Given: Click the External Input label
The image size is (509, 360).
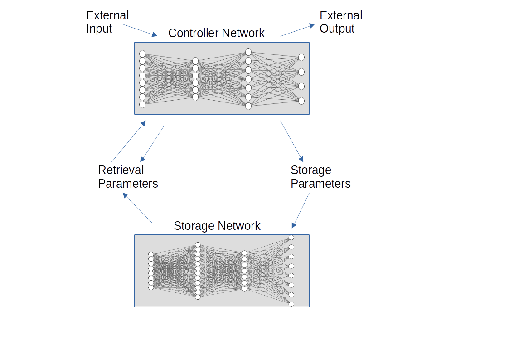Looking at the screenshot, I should (107, 22).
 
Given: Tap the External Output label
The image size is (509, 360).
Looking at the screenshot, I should (340, 22).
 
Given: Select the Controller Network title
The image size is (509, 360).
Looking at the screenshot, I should (216, 33).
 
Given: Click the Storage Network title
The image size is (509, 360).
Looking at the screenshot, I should (217, 226).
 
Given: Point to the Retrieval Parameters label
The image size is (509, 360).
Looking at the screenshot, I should (128, 177).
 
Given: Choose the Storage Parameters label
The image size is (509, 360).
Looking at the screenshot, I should (320, 177).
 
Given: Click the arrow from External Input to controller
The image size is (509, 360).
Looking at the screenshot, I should (140, 30).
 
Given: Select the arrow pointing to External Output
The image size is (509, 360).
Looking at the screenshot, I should (297, 30).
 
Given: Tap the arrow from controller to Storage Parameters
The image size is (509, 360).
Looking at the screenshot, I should (291, 141).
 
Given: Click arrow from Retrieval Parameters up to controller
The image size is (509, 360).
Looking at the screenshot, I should (128, 142).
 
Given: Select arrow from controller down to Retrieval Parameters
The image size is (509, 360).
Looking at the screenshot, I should (152, 144).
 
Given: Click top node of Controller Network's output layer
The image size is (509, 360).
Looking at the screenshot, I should (301, 57).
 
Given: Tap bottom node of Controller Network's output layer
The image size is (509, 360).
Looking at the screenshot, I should (301, 101).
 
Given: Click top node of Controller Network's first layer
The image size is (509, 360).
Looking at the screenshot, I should (142, 54).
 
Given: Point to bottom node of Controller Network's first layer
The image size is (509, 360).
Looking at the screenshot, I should (142, 104).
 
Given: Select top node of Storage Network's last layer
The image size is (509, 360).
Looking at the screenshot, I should (291, 238).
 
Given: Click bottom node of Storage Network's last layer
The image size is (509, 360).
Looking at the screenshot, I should (291, 304).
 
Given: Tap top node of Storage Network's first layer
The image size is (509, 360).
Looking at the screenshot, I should (151, 254).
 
